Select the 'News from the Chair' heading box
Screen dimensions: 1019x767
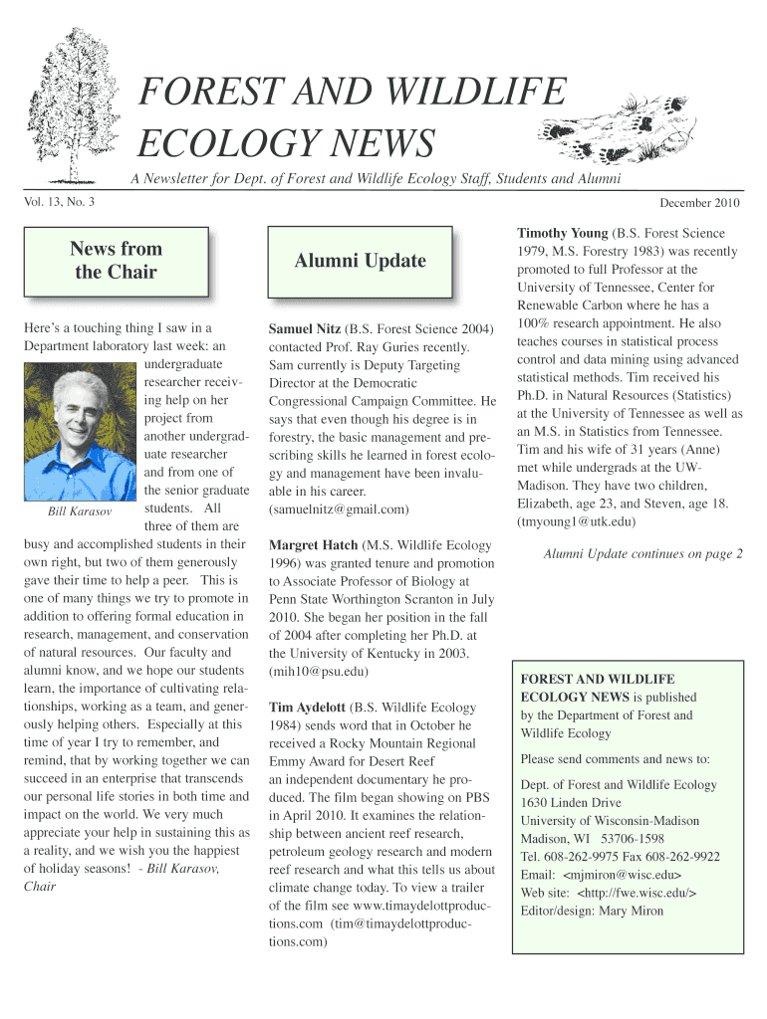point(116,261)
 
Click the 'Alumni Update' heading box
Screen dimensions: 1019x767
point(360,261)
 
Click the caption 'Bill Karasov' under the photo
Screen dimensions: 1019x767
point(81,511)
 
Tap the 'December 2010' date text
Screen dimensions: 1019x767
point(700,203)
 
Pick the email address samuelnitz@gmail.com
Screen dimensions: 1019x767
point(339,509)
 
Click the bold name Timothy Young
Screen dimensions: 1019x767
point(562,234)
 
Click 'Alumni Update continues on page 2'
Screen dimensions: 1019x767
point(642,554)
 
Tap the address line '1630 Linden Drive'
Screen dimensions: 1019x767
point(571,803)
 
